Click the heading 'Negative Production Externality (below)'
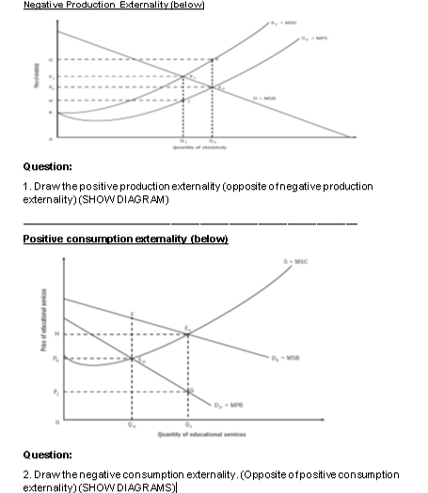(114, 7)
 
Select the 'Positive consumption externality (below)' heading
(126, 239)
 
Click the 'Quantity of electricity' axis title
(197, 147)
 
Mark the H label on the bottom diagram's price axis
(55, 334)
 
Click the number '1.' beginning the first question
(27, 187)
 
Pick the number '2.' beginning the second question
(27, 474)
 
